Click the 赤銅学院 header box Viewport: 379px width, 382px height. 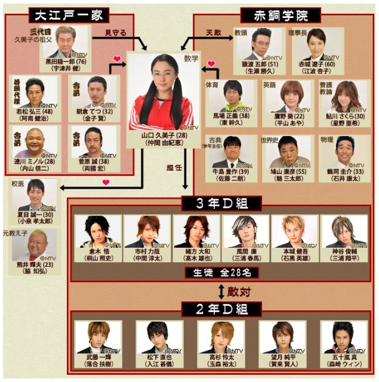pos(280,15)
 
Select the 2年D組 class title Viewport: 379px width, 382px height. pos(223,308)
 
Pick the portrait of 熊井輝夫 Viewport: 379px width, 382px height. pos(34,245)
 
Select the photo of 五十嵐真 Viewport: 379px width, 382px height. pos(343,337)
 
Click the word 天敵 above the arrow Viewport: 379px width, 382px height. pos(214,31)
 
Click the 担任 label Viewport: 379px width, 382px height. pos(174,168)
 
